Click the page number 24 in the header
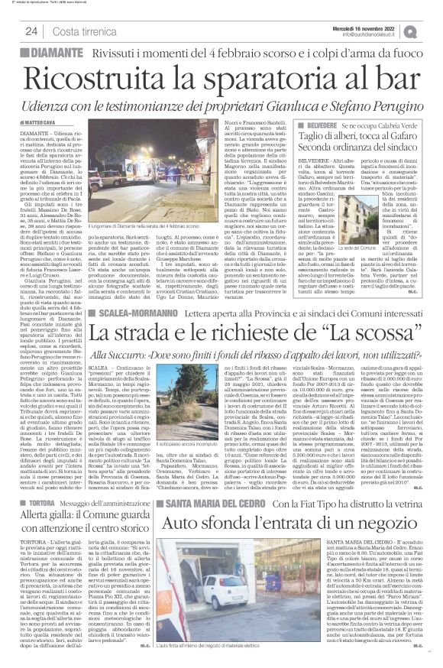coord(32,31)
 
